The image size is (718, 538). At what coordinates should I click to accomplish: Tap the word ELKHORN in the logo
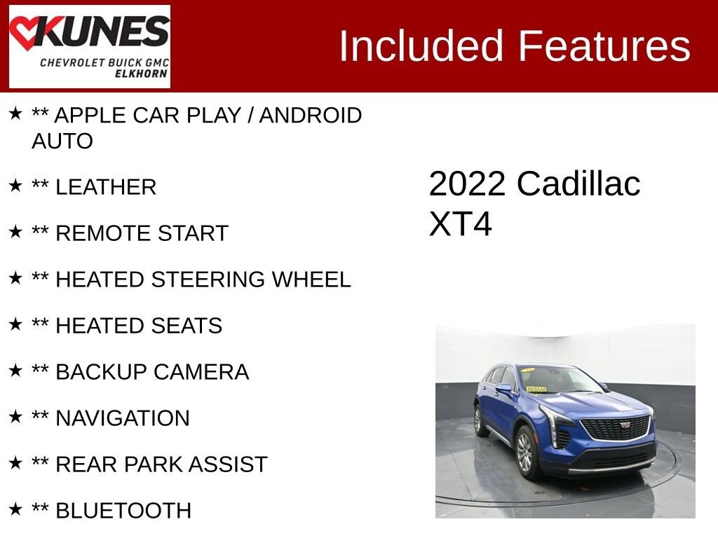coord(141,74)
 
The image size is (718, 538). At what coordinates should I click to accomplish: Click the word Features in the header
coord(604,46)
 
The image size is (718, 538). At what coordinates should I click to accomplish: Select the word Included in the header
coord(421,46)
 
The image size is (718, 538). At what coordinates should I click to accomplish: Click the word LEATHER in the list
coord(106,187)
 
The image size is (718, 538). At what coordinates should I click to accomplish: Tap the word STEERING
coord(208,280)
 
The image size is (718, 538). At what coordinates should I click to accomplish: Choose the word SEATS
coord(187,326)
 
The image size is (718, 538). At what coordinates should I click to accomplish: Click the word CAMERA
coord(201,372)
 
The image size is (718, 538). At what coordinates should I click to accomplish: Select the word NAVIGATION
coord(123,418)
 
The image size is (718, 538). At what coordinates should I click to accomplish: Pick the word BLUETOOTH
coord(123,511)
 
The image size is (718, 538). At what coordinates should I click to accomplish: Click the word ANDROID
coord(311,116)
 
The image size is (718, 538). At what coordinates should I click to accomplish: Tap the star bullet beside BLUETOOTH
coord(15,509)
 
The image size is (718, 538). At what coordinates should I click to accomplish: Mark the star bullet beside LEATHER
coord(15,185)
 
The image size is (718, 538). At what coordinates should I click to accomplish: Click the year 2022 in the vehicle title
coord(467,184)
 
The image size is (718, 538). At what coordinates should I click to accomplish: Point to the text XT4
coord(460,223)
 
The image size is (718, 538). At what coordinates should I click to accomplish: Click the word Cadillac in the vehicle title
coord(578,184)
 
